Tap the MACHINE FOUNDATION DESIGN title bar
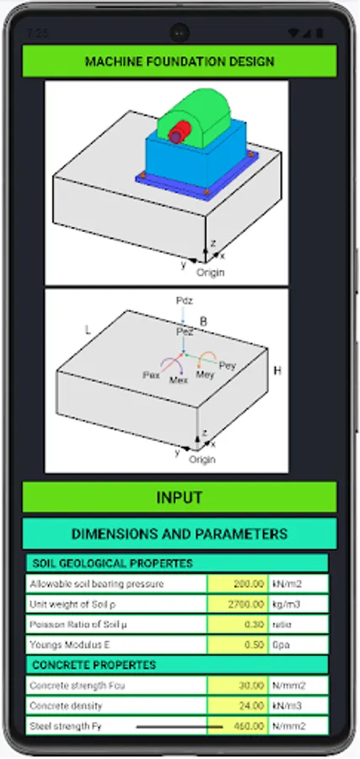tap(180, 62)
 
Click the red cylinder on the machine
tap(178, 133)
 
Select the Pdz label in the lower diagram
tap(185, 300)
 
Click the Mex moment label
tap(178, 380)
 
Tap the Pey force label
tap(228, 364)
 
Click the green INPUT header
tap(180, 498)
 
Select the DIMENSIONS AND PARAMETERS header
tap(180, 534)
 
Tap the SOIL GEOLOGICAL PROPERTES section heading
tap(112, 563)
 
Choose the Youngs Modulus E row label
tap(116, 645)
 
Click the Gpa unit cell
tap(298, 645)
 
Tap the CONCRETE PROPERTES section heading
tap(94, 665)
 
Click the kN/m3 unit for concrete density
tap(298, 706)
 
